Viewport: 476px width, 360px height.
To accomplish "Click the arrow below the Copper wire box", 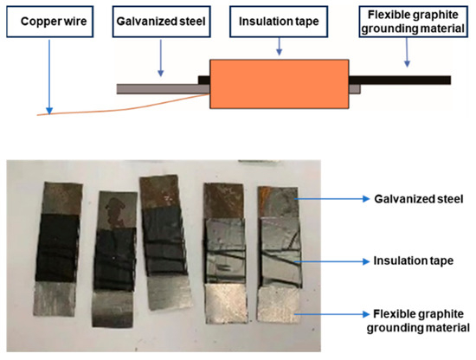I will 50,74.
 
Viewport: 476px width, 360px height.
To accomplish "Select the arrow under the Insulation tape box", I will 278,48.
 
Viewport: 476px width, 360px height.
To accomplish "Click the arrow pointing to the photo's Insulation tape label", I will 334,259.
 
